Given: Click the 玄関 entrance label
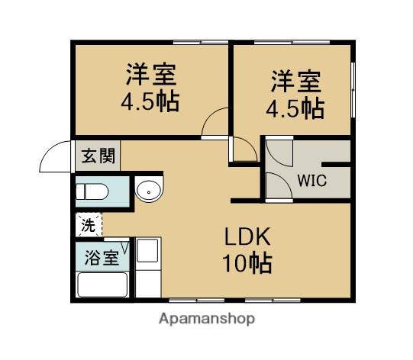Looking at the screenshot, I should coord(98,157).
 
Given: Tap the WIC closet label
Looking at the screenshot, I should coord(311,181).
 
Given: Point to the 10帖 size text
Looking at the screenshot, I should coord(247,264).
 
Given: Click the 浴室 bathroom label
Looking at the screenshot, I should coord(101,257).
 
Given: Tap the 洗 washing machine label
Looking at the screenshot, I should coord(89,225).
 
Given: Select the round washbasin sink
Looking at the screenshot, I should coord(148,189).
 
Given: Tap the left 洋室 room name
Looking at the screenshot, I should coord(151,76).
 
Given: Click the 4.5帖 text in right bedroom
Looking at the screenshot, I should coord(295,108).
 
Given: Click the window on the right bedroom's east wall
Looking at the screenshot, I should coord(353,90).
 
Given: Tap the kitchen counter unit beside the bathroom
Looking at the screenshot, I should coord(147,263).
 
